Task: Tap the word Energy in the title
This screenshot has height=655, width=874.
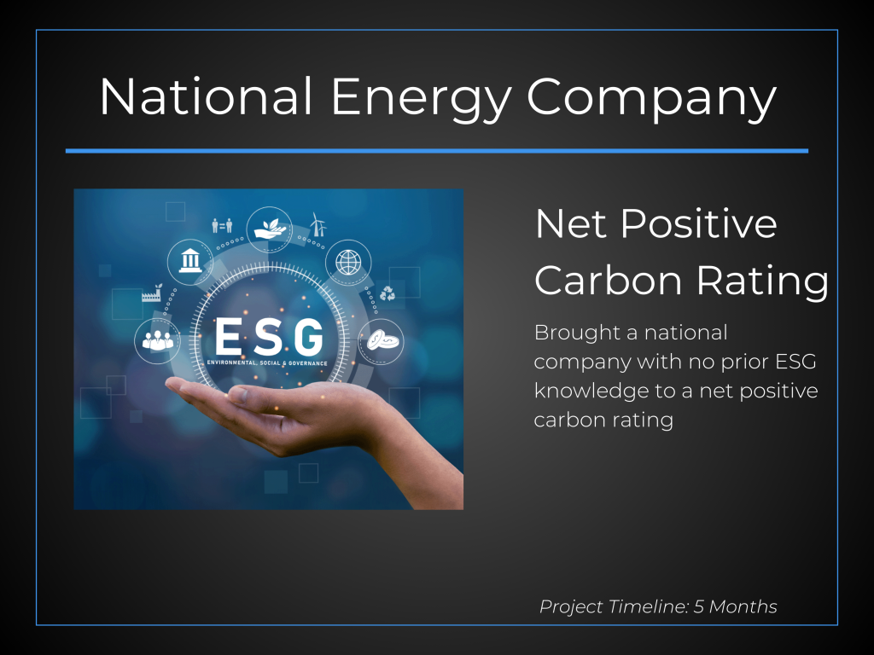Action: point(421,99)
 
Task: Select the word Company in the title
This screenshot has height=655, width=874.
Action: point(651,99)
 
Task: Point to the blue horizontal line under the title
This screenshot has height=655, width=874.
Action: point(437,150)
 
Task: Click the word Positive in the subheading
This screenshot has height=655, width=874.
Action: point(698,223)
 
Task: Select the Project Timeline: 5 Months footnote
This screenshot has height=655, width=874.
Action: point(658,606)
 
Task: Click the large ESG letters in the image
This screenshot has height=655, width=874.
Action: point(269,336)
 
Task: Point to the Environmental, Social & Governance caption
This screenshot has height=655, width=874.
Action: point(267,363)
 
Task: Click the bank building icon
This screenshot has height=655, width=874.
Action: point(190,261)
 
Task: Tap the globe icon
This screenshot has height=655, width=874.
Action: point(348,262)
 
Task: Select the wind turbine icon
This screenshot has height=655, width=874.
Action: point(318,224)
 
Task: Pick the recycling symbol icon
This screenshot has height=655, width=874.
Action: point(387,293)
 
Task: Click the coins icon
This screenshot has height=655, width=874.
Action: point(382,340)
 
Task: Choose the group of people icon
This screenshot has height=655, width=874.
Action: point(157,340)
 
